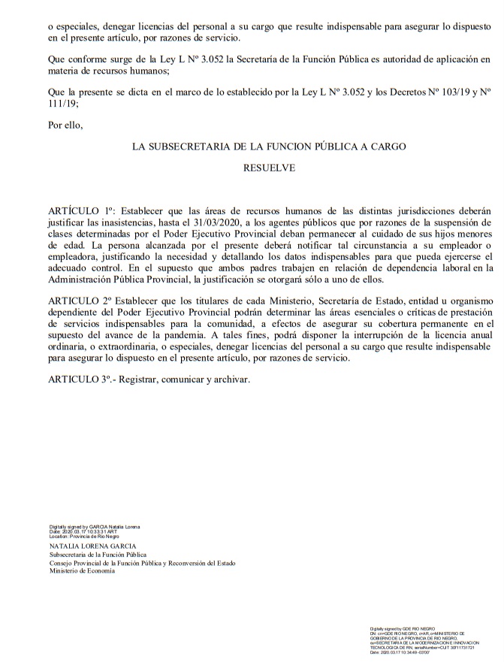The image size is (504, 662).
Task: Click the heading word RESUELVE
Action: click(x=269, y=168)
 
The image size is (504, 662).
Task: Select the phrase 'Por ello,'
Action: click(x=66, y=125)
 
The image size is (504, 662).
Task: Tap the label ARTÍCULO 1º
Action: click(x=80, y=210)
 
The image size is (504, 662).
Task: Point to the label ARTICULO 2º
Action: click(x=80, y=301)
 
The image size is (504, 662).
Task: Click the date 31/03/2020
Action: click(x=259, y=222)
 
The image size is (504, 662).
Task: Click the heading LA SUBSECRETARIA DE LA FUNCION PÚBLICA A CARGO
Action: click(x=269, y=148)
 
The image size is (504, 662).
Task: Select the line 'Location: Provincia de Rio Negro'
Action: click(x=84, y=537)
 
